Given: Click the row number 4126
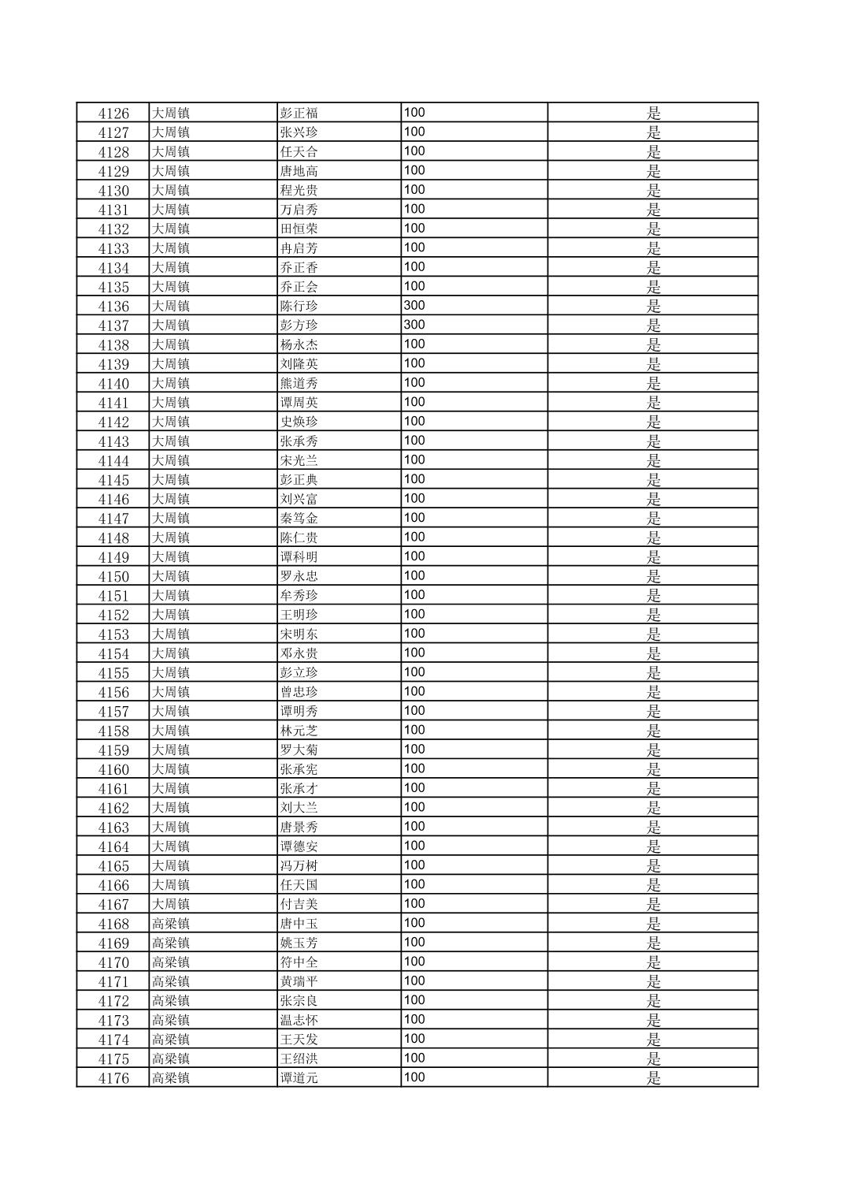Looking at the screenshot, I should (113, 113).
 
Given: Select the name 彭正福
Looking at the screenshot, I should (299, 113).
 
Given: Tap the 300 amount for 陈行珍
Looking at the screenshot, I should (414, 306).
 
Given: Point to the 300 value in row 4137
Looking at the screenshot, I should (414, 326).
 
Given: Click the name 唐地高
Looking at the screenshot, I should (299, 171).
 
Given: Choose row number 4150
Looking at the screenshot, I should (113, 576).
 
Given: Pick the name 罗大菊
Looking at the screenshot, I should (299, 750).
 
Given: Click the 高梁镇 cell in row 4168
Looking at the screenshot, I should (171, 924).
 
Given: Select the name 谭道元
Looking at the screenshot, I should (299, 1078).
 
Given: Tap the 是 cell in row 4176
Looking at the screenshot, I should (654, 1078).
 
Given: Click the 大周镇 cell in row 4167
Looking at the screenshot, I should (171, 904).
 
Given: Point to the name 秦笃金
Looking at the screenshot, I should (299, 519).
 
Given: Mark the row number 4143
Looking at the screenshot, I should (113, 441).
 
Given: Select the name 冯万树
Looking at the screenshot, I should (299, 865).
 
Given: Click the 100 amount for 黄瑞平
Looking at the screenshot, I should (414, 981).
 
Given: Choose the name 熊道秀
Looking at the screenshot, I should (299, 383).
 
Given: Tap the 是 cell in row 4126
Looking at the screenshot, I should (654, 113).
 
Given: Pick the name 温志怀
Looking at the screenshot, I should (299, 1020).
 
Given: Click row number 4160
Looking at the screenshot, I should (113, 769).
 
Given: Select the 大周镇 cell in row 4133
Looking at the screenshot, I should (171, 248).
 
